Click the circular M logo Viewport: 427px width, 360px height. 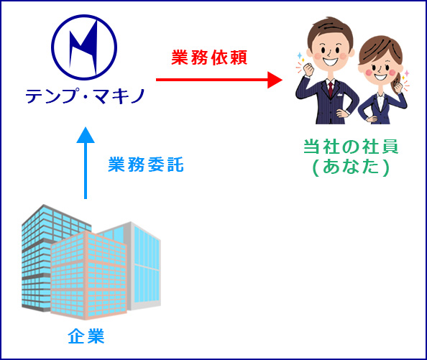(x=84, y=47)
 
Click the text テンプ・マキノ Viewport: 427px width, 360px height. (x=85, y=96)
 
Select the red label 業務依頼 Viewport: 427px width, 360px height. (x=209, y=57)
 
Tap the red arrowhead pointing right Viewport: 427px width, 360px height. (x=275, y=80)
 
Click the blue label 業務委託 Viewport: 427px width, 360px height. (x=146, y=165)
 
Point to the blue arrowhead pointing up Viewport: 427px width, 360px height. (x=86, y=135)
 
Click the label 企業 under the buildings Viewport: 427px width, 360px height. (x=86, y=336)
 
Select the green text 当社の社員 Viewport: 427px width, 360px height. (x=351, y=147)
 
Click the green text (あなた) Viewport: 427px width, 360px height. (x=351, y=167)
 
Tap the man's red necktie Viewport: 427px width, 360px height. (x=331, y=89)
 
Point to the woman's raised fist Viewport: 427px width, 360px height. (x=398, y=86)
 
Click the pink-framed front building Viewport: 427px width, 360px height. (x=88, y=275)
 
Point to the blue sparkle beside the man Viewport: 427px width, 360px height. (x=300, y=56)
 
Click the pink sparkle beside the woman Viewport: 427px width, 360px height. (x=407, y=73)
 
